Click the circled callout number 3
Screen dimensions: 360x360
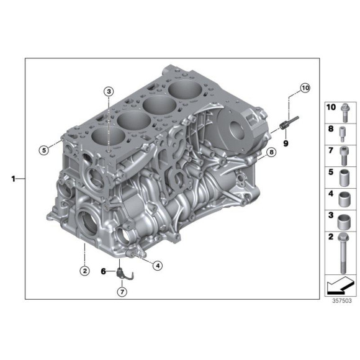click(x=109, y=92)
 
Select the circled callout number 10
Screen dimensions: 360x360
click(x=304, y=88)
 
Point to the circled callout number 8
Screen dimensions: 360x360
click(x=270, y=152)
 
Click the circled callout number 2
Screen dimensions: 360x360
click(x=84, y=270)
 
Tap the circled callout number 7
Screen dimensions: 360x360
click(x=122, y=291)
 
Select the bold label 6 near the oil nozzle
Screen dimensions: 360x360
click(x=104, y=271)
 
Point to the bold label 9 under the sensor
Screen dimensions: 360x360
click(x=287, y=143)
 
